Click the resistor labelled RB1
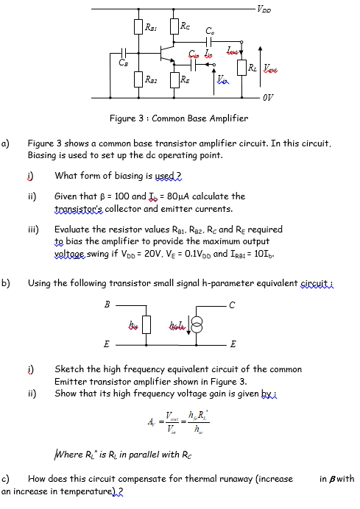(x=138, y=28)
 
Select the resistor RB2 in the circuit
(x=138, y=78)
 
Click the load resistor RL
(x=242, y=68)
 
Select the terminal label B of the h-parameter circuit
(x=106, y=303)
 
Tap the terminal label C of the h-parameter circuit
(x=233, y=303)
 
